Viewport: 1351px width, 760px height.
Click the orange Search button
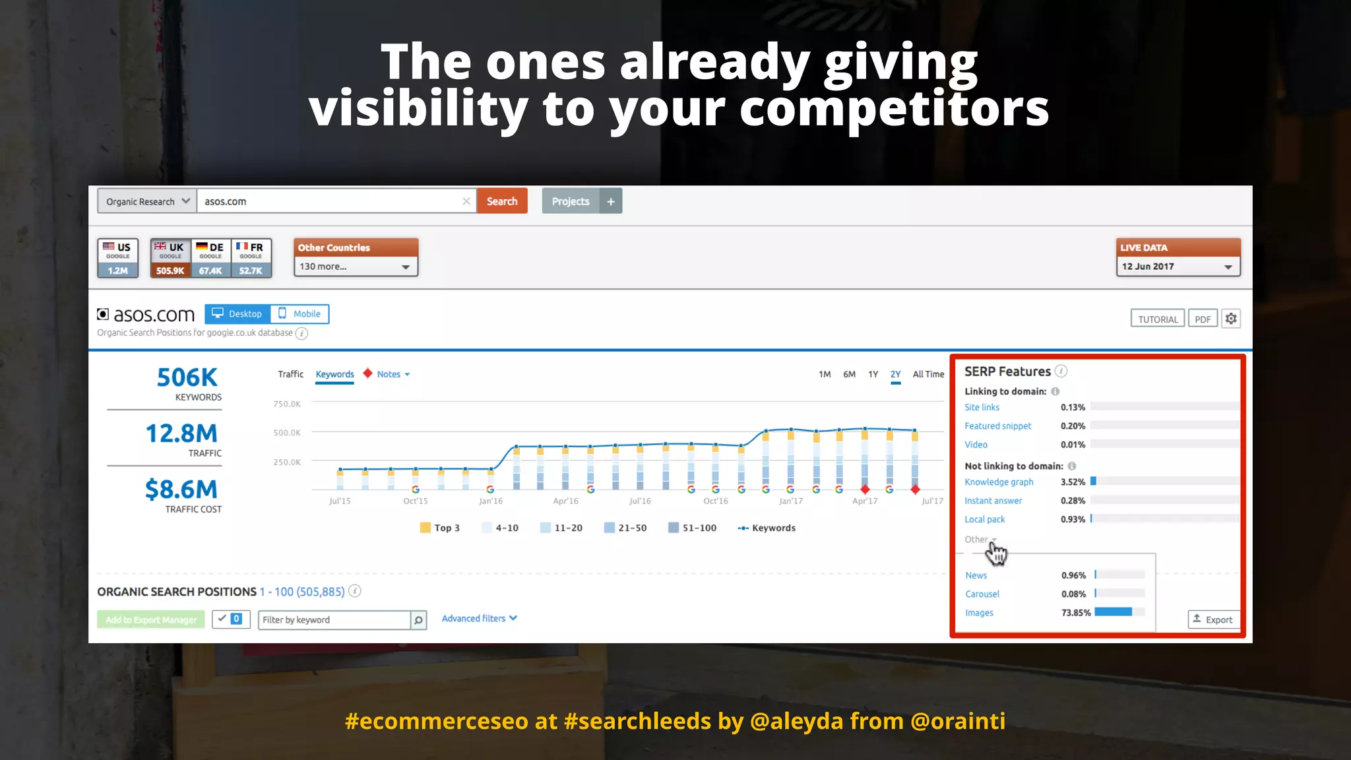coord(502,201)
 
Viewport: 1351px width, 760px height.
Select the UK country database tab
coord(170,257)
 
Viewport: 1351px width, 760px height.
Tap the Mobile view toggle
coord(300,314)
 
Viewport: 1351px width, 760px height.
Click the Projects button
coord(571,201)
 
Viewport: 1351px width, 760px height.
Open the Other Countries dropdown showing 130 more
coord(356,267)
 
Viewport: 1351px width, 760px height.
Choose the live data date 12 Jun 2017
coord(1178,267)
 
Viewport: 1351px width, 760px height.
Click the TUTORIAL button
coord(1158,319)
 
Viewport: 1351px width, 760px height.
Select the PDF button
coord(1203,319)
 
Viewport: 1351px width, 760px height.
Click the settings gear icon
coord(1231,319)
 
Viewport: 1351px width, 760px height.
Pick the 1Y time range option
coord(873,374)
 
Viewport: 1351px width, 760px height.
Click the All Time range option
coord(928,374)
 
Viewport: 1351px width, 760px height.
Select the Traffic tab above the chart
coord(290,374)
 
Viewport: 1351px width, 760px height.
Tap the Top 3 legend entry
coord(440,528)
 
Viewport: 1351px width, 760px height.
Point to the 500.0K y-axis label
coord(287,433)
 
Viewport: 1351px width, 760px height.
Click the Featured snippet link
coord(997,426)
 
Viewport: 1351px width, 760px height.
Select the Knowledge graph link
coord(999,482)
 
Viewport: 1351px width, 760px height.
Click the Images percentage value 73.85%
coord(1076,613)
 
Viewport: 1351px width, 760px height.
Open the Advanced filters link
coord(479,618)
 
